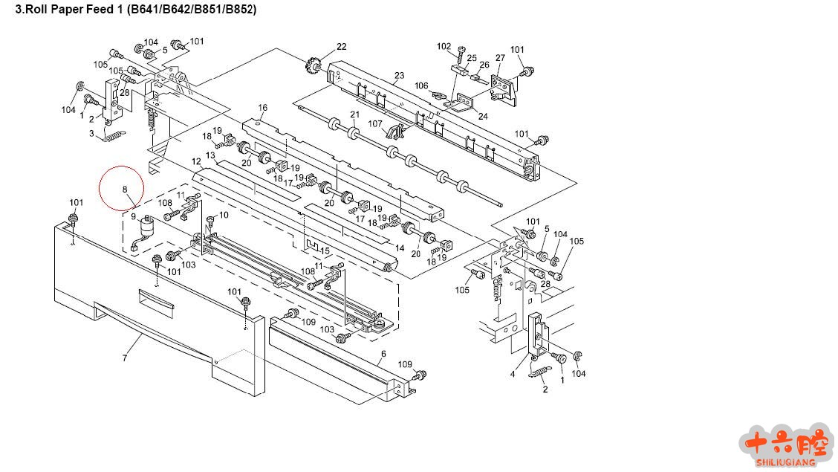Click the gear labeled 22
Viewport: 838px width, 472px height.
tap(312, 65)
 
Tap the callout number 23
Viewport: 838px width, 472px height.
tap(399, 75)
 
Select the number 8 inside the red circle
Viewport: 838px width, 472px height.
tap(126, 189)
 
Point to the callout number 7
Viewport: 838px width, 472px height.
tap(125, 358)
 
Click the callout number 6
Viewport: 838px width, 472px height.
tap(383, 354)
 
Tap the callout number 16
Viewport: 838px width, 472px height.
tap(262, 108)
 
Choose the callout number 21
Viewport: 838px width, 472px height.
tap(354, 114)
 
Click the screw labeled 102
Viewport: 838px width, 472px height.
tap(461, 54)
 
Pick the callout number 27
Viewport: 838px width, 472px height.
tap(500, 58)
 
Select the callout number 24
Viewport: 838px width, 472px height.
tap(483, 116)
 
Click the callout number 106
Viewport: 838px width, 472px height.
tap(421, 85)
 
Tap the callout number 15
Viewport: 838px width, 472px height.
tap(325, 251)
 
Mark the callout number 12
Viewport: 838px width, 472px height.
tap(196, 161)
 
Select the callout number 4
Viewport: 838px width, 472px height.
tap(512, 374)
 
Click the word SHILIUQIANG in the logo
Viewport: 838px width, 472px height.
tap(786, 462)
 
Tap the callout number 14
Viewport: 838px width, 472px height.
tap(399, 248)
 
